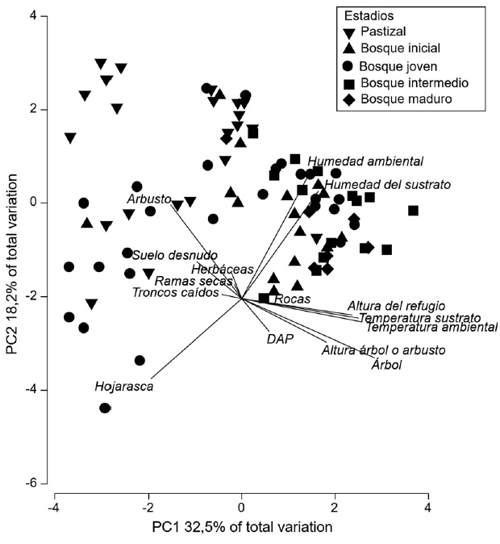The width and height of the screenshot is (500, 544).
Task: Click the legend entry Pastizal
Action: [384, 33]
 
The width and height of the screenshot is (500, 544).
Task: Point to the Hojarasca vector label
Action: [123, 387]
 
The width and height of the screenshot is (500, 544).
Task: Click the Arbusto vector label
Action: [148, 199]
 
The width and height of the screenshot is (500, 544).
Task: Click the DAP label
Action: [279, 339]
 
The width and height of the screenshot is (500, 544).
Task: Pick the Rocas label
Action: [288, 299]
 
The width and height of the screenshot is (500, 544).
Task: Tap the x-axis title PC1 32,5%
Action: [242, 527]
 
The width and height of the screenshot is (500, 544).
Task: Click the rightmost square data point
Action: [413, 211]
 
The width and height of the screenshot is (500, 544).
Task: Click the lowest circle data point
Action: [105, 408]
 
